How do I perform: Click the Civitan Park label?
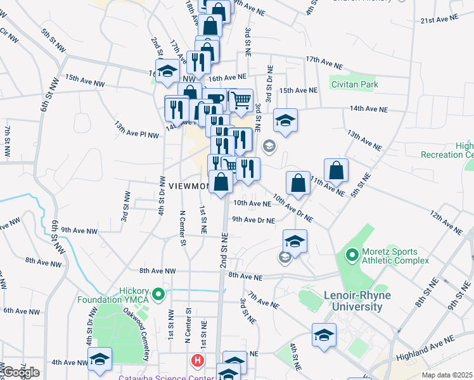354,84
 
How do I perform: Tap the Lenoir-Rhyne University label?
353,301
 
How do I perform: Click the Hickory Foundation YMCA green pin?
159,294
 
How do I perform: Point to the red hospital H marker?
198,362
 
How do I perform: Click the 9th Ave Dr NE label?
253,220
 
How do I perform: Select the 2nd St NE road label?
224,251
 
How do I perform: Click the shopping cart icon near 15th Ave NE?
241,99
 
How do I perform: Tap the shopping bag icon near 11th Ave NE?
336,170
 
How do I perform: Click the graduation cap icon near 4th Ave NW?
99,358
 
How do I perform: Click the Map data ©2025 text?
447,375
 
